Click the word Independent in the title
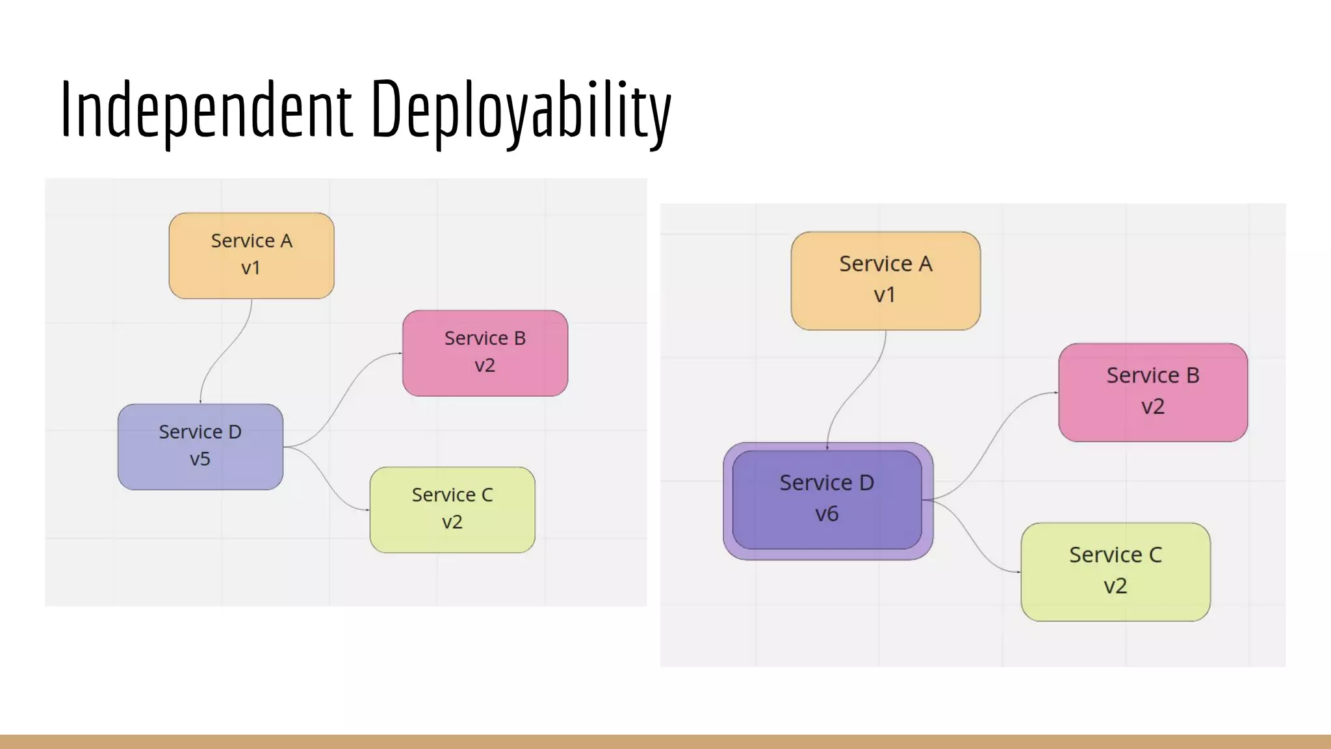(207, 109)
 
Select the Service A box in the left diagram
(252, 256)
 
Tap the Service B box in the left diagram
(485, 353)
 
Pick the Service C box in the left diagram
(452, 510)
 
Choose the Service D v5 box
(200, 447)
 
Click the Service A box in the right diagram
(885, 281)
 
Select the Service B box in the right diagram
(1153, 392)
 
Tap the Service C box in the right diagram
(1115, 572)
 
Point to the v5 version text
(200, 460)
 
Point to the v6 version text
(827, 514)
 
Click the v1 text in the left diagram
(251, 269)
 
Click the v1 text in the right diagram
(885, 295)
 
